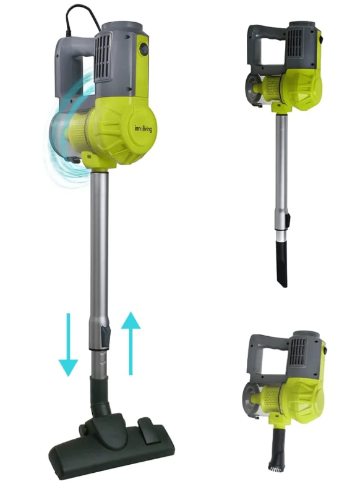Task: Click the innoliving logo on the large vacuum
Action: [143, 129]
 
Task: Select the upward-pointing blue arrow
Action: [131, 343]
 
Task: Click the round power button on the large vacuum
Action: [144, 49]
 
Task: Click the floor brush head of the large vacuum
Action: [112, 446]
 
